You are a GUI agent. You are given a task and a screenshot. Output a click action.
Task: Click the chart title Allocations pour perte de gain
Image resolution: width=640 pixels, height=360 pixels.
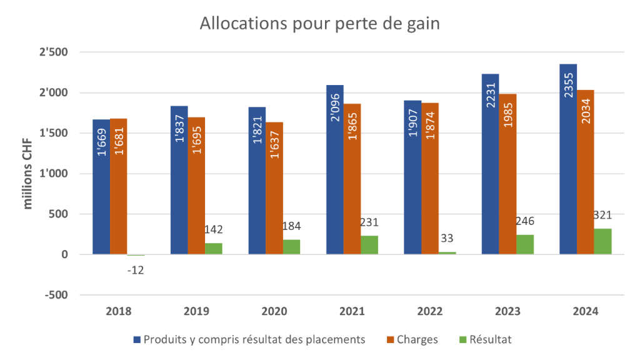click(x=319, y=24)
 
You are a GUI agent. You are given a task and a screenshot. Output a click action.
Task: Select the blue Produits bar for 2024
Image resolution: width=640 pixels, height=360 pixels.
click(x=568, y=159)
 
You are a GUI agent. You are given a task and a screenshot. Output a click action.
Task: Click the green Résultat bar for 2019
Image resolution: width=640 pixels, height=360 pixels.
click(x=214, y=248)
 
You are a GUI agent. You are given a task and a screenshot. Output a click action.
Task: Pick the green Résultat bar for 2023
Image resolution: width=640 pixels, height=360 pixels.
click(x=525, y=244)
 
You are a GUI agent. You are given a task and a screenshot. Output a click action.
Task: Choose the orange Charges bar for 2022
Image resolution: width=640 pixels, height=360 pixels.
click(x=430, y=178)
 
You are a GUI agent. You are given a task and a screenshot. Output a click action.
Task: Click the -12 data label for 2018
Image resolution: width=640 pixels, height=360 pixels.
click(x=136, y=270)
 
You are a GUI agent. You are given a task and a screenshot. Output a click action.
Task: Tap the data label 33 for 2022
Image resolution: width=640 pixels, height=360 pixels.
click(x=447, y=237)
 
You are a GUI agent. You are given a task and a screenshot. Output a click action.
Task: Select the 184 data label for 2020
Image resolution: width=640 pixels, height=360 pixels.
click(x=292, y=226)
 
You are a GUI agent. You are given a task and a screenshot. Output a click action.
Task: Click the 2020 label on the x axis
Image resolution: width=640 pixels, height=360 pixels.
click(x=274, y=311)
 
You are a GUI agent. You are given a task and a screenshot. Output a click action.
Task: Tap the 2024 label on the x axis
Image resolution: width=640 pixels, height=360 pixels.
click(x=586, y=311)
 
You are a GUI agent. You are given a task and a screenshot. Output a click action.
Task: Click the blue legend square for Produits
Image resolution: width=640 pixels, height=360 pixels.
click(x=136, y=339)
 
